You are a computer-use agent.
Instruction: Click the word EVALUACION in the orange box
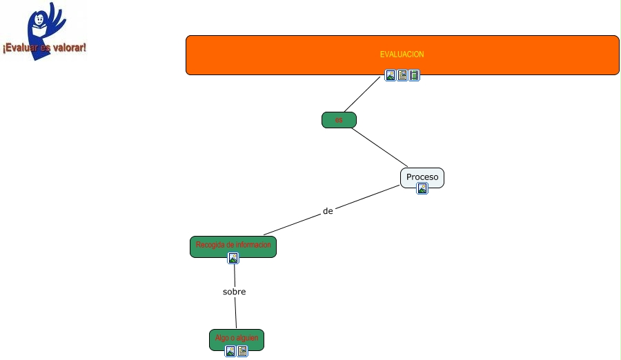point(402,54)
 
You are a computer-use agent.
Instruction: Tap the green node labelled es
point(339,120)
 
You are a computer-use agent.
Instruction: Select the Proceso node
point(422,177)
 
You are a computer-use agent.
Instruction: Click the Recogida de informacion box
point(233,245)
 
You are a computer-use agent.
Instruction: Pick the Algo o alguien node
point(237,338)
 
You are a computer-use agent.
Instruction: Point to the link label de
point(328,211)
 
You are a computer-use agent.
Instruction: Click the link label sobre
point(235,292)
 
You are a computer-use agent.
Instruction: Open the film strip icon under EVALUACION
point(414,75)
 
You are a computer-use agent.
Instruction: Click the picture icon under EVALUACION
point(391,75)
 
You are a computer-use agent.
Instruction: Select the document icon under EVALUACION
point(402,75)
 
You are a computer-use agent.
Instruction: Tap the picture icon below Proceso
point(422,188)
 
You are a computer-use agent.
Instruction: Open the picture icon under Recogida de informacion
point(233,258)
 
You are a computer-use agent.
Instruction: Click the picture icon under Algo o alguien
point(230,351)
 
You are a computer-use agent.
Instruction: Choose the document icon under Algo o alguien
point(242,351)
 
